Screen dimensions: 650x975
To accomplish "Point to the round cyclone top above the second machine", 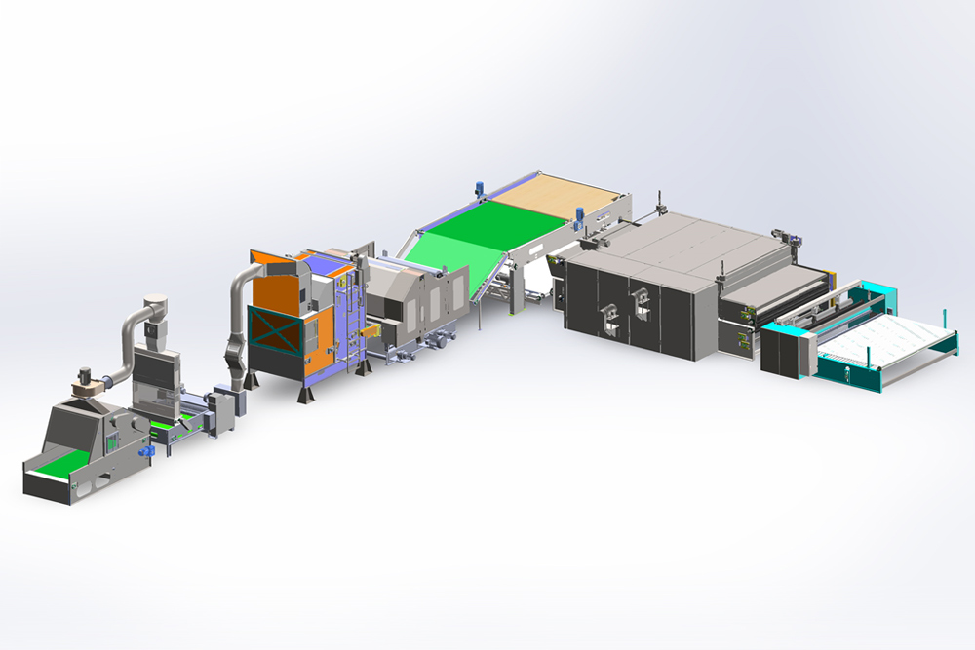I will [x=153, y=305].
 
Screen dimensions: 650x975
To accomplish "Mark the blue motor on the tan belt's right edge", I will [x=579, y=215].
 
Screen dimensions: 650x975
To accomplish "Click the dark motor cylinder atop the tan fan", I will [x=86, y=374].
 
